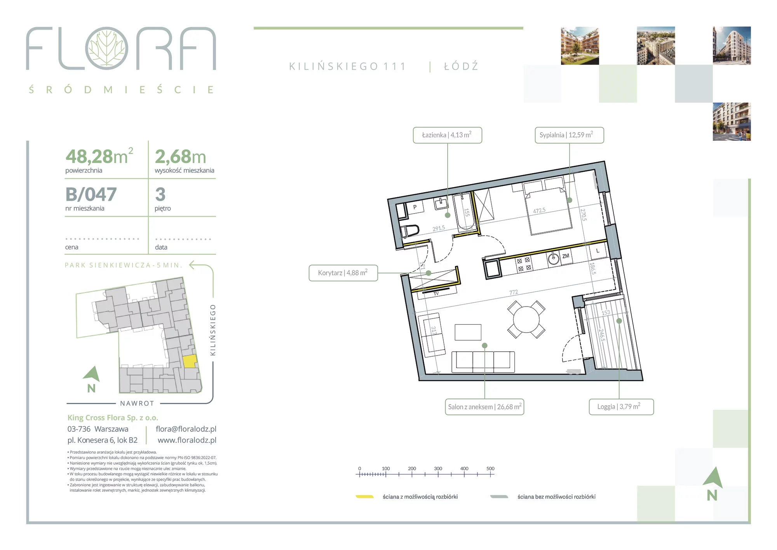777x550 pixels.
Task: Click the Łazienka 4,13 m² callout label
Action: coord(447,135)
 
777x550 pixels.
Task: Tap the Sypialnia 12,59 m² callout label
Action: coord(569,135)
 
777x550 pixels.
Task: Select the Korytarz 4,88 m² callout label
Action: coord(343,273)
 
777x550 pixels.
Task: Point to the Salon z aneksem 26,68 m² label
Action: coord(484,407)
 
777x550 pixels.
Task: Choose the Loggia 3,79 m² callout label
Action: coord(621,407)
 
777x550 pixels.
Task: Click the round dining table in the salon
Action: coord(526,319)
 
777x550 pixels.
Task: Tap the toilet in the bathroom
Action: coord(410,231)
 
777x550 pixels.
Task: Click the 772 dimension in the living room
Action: coord(514,292)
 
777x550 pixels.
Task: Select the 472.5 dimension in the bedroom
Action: coord(539,210)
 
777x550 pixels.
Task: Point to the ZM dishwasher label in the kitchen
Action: coord(566,256)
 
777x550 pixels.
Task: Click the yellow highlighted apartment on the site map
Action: coord(190,361)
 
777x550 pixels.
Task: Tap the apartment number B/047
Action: coord(91,194)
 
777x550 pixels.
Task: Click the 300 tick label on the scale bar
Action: coord(438,469)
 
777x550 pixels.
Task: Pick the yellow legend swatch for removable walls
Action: coord(365,497)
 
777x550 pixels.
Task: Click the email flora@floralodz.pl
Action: coord(186,429)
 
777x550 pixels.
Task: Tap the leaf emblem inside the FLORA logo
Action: coord(107,48)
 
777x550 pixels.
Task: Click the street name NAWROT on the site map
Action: coord(137,403)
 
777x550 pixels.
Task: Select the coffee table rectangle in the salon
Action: coord(468,332)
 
